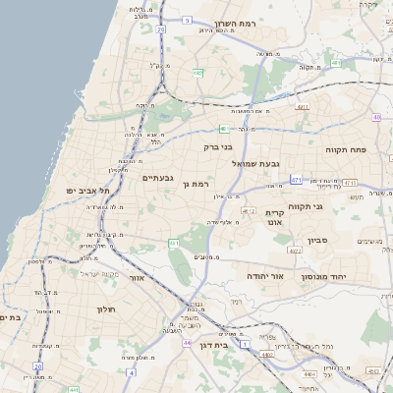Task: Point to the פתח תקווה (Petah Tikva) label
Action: [x=346, y=148]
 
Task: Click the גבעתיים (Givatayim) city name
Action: [x=158, y=178]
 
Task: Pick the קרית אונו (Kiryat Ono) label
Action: [x=275, y=217]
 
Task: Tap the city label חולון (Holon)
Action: [x=106, y=309]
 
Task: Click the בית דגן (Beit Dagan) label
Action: [x=227, y=345]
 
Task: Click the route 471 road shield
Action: [x=296, y=180]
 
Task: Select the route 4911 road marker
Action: [x=303, y=106]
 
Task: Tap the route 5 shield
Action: [x=187, y=19]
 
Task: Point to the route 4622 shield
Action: [x=267, y=251]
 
